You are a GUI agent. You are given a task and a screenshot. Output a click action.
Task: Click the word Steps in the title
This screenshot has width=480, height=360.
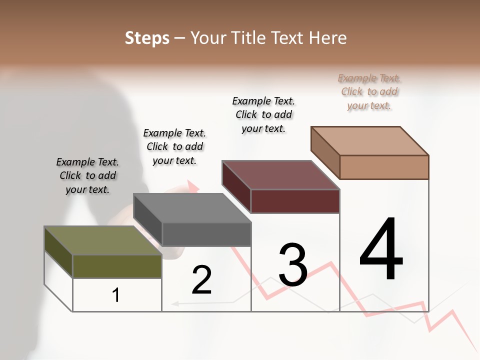[x=147, y=38]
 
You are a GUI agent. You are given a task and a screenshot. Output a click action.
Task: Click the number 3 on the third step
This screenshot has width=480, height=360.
[x=293, y=265]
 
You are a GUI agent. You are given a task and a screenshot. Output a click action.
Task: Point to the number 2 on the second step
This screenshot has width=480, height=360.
[x=201, y=280]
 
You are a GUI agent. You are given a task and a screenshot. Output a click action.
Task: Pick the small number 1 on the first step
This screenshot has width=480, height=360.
[x=116, y=295]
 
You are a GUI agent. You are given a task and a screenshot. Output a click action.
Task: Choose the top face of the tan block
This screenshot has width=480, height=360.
[x=370, y=141]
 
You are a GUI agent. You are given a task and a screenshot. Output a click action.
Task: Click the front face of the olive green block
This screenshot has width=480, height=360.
[x=117, y=266]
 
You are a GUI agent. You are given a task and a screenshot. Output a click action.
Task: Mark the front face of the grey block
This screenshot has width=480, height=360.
[x=206, y=234]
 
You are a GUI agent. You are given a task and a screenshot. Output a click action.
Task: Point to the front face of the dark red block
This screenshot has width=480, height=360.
[x=295, y=201]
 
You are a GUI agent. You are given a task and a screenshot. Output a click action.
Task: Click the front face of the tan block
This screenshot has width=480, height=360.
[x=384, y=167]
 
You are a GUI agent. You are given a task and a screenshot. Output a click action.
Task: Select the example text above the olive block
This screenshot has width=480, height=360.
[x=87, y=175]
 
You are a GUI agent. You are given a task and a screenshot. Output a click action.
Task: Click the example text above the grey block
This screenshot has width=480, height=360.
[x=174, y=146]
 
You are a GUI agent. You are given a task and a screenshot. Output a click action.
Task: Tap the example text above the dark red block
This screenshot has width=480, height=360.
[x=263, y=114]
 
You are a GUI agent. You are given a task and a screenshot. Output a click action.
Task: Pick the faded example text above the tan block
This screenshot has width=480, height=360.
[x=369, y=91]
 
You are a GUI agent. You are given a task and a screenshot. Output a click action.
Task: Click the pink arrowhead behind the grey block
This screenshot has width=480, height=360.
[x=192, y=186]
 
